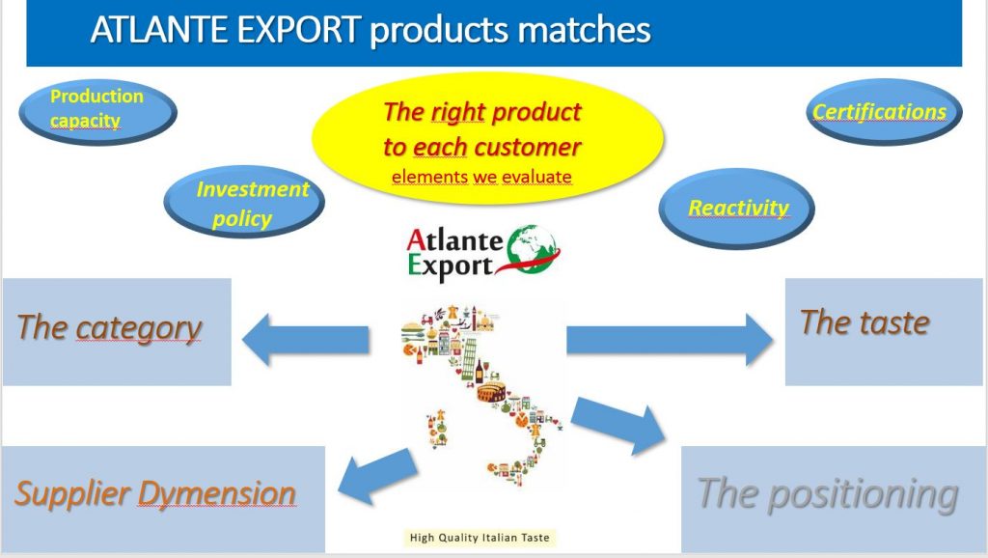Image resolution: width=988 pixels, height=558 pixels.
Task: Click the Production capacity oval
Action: coord(97,112)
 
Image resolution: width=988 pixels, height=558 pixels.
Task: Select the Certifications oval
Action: coord(884,112)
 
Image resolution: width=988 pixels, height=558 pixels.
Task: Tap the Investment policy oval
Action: coord(244,202)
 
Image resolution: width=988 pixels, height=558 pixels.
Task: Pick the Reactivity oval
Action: coord(736,209)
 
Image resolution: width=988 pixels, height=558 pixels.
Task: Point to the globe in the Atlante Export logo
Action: coord(533,249)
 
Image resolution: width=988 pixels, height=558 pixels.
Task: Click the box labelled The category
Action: coord(117,332)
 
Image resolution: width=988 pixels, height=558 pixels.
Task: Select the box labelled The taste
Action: coord(884,332)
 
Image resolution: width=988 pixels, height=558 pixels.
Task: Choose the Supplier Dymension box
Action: coord(163,499)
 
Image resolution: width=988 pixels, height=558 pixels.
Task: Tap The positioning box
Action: coord(833,499)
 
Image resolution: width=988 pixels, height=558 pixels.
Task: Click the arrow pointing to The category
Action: coord(306,339)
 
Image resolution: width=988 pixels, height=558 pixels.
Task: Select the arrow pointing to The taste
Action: coord(670,339)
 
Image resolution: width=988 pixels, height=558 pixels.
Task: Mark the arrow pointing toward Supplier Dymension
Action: coord(378,476)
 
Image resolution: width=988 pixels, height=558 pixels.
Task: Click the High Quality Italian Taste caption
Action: coord(480,538)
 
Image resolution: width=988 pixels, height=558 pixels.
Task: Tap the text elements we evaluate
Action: coord(482,177)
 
